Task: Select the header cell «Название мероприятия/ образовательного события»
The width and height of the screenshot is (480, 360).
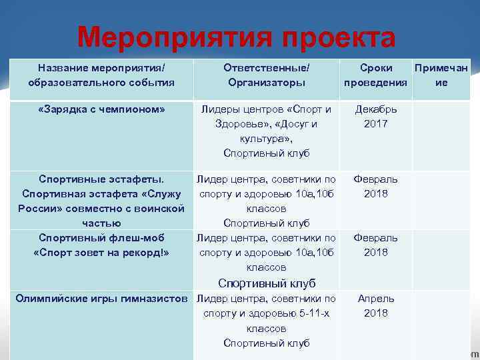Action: click(101, 75)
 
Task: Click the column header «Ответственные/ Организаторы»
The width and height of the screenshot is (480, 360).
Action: click(266, 75)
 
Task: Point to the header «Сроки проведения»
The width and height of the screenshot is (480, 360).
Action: click(375, 75)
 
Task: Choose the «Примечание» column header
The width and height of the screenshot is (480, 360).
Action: click(441, 75)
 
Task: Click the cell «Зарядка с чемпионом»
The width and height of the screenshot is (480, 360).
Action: click(101, 109)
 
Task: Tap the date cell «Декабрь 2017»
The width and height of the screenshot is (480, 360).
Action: click(375, 116)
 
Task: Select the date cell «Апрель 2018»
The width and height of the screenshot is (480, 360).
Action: click(375, 306)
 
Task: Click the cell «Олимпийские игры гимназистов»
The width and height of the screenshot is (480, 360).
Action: click(101, 299)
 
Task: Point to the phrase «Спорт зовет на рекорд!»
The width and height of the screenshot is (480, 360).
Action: click(101, 253)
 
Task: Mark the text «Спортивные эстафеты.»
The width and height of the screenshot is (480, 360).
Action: click(101, 179)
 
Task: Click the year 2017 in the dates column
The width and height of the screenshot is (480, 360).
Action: click(375, 124)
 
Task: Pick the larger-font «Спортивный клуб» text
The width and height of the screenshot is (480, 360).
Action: click(266, 283)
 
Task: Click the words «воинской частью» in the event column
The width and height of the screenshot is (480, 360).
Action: click(133, 216)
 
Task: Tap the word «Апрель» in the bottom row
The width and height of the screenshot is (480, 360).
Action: click(375, 299)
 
